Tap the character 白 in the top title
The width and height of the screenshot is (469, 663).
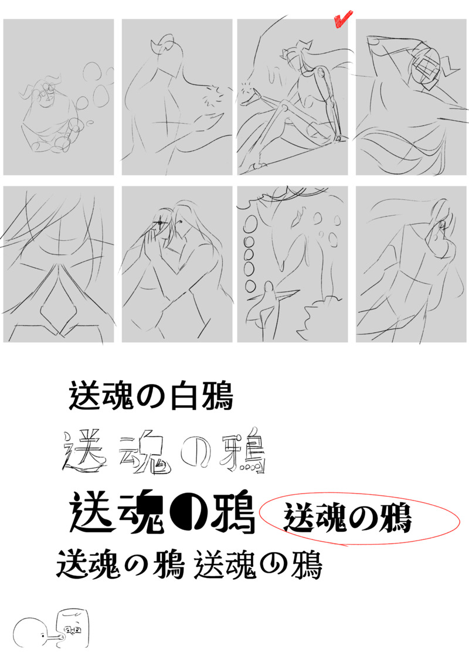[183, 395]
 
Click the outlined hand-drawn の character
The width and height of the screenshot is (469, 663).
[195, 454]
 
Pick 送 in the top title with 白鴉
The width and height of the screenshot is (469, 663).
[83, 395]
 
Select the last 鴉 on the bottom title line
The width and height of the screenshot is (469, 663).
[307, 564]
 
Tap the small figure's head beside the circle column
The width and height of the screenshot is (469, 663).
[268, 288]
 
